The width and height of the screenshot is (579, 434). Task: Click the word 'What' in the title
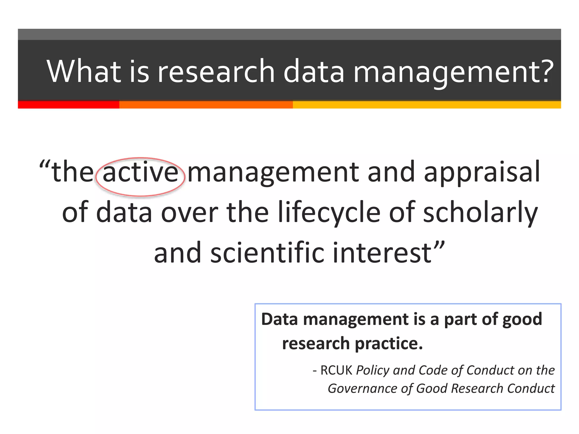pyautogui.click(x=84, y=71)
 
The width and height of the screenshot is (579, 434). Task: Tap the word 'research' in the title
pyautogui.click(x=216, y=71)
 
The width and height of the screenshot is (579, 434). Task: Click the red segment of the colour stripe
pyautogui.click(x=68, y=105)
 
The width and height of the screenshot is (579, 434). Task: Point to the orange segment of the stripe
pyautogui.click(x=206, y=105)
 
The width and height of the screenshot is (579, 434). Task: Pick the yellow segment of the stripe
pyautogui.click(x=427, y=105)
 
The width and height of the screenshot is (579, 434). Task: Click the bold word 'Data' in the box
pyautogui.click(x=279, y=320)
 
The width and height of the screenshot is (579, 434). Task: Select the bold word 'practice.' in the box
pyautogui.click(x=389, y=344)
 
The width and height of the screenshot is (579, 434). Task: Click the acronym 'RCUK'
pyautogui.click(x=336, y=370)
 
